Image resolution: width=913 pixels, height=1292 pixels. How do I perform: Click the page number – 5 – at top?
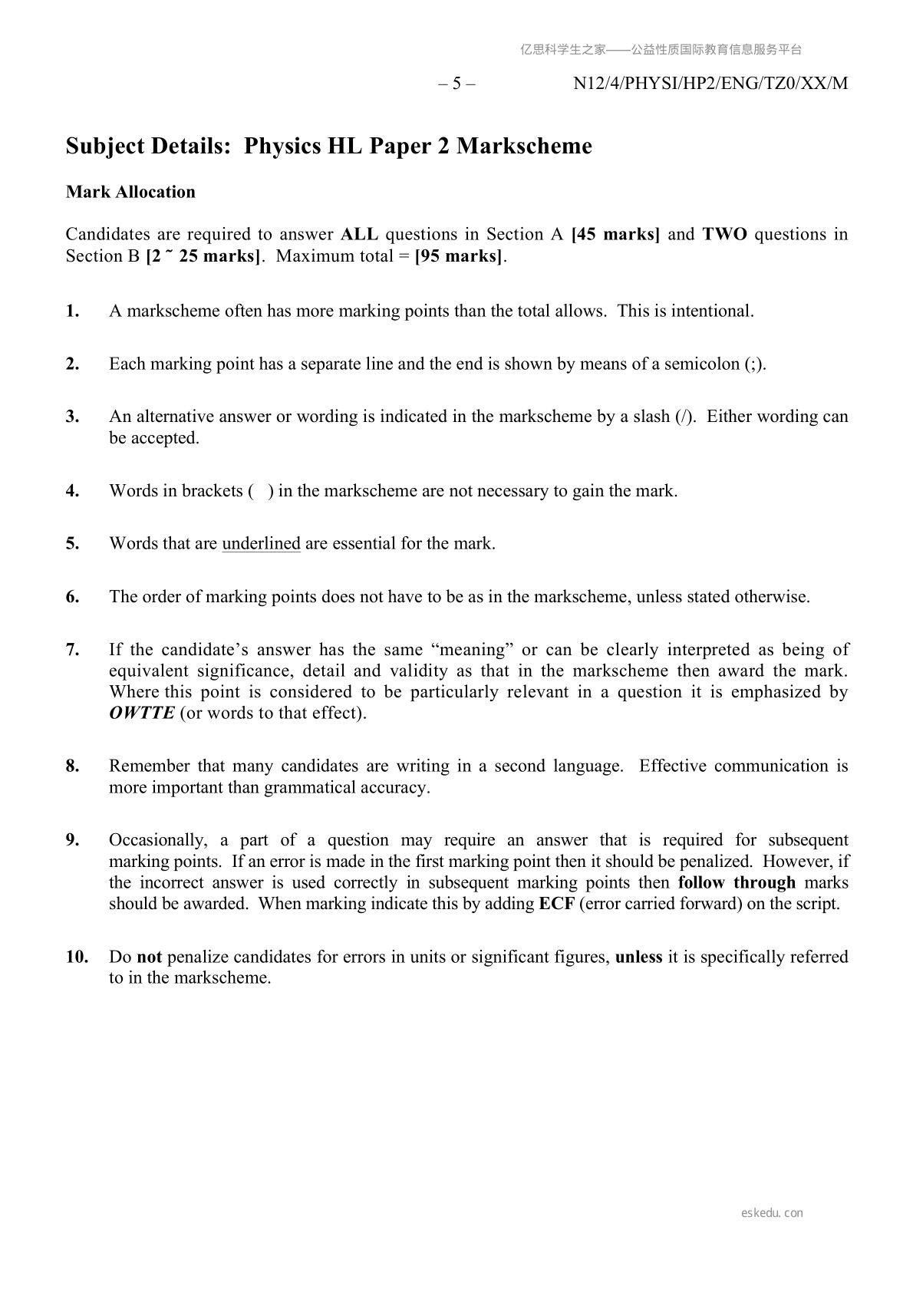(457, 84)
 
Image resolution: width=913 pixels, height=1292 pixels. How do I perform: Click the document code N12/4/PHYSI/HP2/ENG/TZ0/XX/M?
(710, 84)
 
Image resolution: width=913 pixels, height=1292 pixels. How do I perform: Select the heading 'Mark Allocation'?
(130, 192)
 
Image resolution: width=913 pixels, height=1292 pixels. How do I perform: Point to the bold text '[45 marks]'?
(615, 234)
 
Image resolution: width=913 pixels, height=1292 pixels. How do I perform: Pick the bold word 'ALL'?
(358, 234)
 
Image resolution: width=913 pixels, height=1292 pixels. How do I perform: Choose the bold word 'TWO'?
(724, 234)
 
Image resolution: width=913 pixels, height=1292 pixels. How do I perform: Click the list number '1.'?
(73, 311)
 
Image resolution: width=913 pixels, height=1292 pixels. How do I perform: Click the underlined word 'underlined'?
(261, 544)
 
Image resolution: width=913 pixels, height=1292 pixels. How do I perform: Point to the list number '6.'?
(73, 597)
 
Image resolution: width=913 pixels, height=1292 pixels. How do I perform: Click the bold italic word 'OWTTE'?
(141, 714)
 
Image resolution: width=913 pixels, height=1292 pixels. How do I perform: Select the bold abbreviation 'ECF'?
(557, 904)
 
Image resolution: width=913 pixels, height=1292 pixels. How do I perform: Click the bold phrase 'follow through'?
(737, 882)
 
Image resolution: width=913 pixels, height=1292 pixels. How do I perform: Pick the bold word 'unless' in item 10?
(638, 957)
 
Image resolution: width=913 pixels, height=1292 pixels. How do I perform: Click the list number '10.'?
(77, 957)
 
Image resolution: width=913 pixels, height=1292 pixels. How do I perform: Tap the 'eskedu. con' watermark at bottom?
(772, 1213)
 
